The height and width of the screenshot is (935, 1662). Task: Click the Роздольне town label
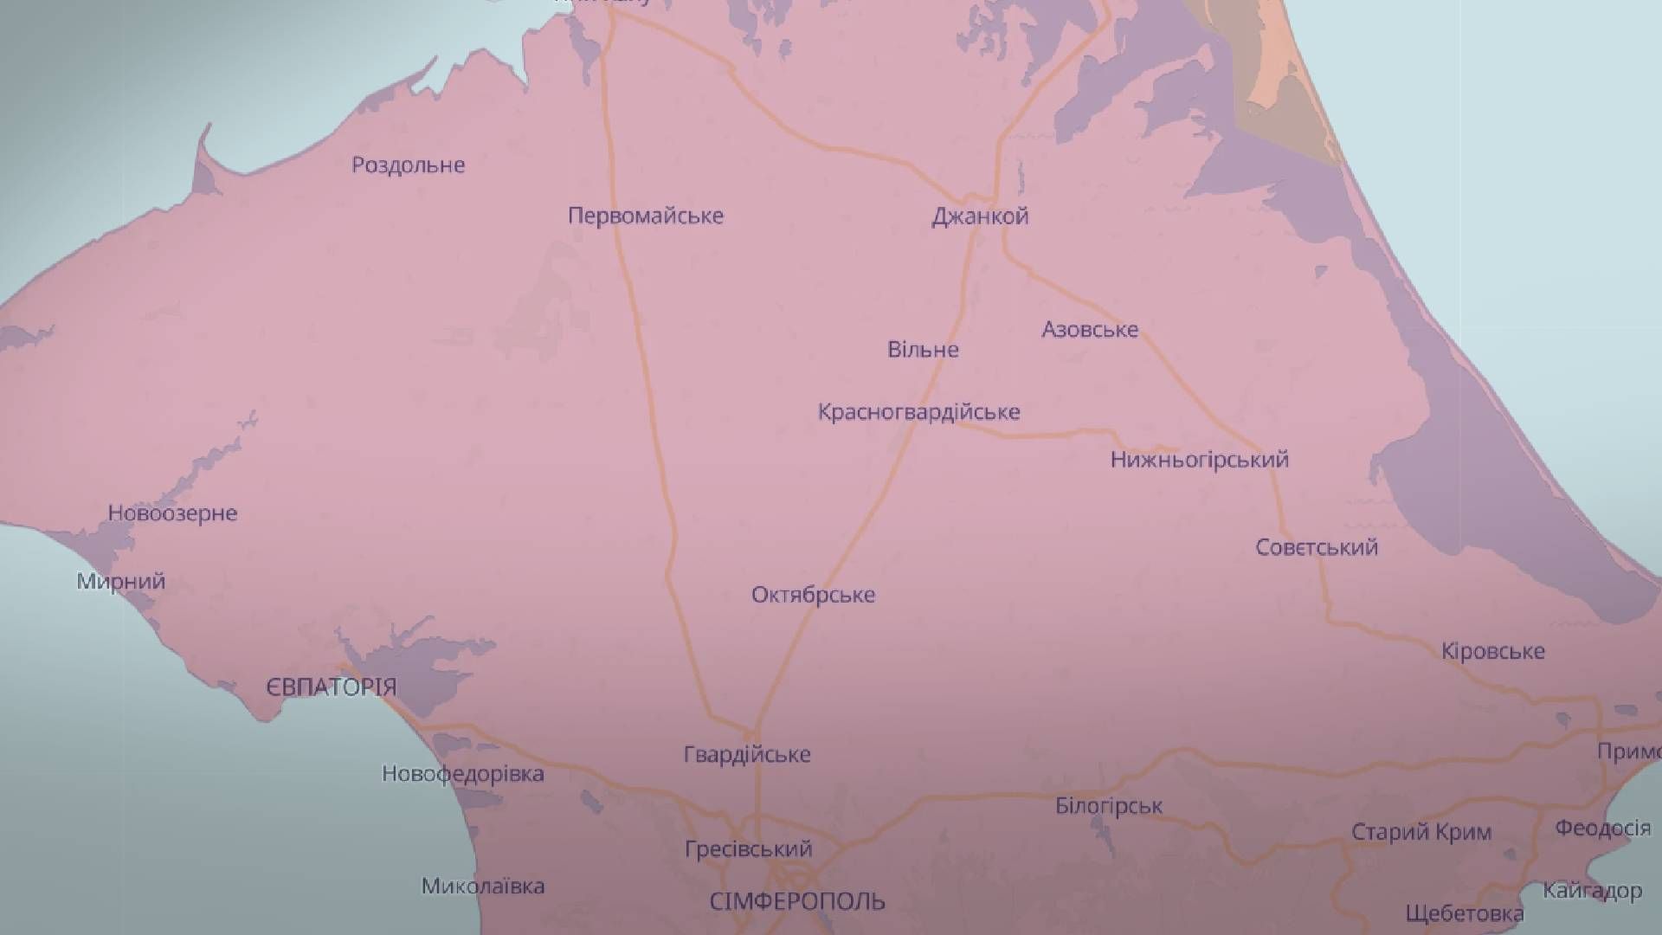coord(408,164)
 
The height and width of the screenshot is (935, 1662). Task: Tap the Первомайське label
coord(645,216)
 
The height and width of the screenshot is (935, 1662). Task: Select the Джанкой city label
coord(980,216)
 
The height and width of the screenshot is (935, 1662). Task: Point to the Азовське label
coord(1089,329)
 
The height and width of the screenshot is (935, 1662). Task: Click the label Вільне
coord(923,350)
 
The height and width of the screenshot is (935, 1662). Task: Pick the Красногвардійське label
coord(918,412)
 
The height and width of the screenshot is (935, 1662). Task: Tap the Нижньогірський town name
coord(1199,460)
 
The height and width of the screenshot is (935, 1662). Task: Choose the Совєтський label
coord(1317,547)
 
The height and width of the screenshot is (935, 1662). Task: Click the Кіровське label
coord(1492,651)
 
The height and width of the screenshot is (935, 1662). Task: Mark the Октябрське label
coord(813,595)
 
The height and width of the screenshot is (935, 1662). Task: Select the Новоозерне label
coord(172,513)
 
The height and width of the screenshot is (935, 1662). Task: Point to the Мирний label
coord(121,581)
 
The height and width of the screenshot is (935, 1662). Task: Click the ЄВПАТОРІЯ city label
coord(331,687)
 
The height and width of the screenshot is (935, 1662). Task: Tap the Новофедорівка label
coord(463,773)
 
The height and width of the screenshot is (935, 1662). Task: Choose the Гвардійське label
coord(747,754)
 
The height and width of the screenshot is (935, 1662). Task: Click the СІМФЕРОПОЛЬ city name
coord(797,902)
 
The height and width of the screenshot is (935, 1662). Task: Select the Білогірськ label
coord(1109,807)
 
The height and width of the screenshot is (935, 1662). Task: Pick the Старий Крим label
coord(1421,833)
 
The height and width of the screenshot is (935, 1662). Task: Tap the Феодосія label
coord(1602,829)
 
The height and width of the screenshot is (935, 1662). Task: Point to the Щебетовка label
coord(1465,913)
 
